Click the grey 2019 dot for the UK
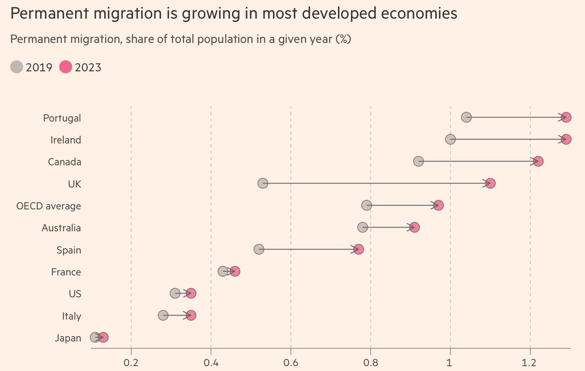(263, 183)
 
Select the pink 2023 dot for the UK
(490, 183)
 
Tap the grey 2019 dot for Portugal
(466, 117)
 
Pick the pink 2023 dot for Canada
(538, 161)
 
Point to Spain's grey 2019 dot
(259, 249)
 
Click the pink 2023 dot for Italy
(191, 315)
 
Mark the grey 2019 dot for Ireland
(450, 139)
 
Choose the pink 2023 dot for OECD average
(438, 205)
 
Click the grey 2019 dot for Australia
(363, 227)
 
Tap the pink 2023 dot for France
(235, 271)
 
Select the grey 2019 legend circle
(17, 67)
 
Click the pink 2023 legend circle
(65, 67)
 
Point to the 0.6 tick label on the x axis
(291, 362)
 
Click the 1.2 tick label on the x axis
(530, 362)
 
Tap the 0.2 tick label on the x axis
(131, 362)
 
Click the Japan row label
(68, 338)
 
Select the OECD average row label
(49, 206)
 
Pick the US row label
(75, 294)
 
